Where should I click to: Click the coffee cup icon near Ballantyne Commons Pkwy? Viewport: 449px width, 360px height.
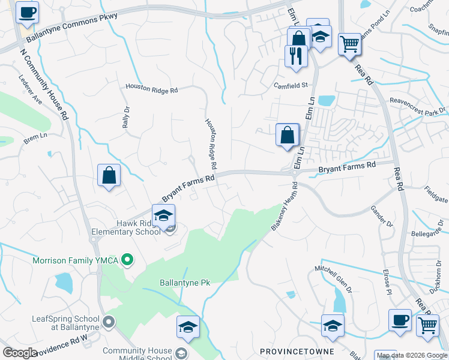click(x=26, y=12)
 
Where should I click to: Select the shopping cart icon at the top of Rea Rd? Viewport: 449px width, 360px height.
click(x=349, y=43)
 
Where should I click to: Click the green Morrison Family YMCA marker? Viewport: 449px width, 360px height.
click(x=127, y=260)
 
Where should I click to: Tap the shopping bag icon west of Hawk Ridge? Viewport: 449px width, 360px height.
click(x=109, y=175)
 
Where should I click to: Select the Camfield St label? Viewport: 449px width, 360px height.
click(x=291, y=85)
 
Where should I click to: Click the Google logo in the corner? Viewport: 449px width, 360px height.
click(x=20, y=353)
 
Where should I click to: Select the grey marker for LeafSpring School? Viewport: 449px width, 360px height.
click(x=109, y=322)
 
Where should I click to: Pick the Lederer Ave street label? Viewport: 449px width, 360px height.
click(x=30, y=89)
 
